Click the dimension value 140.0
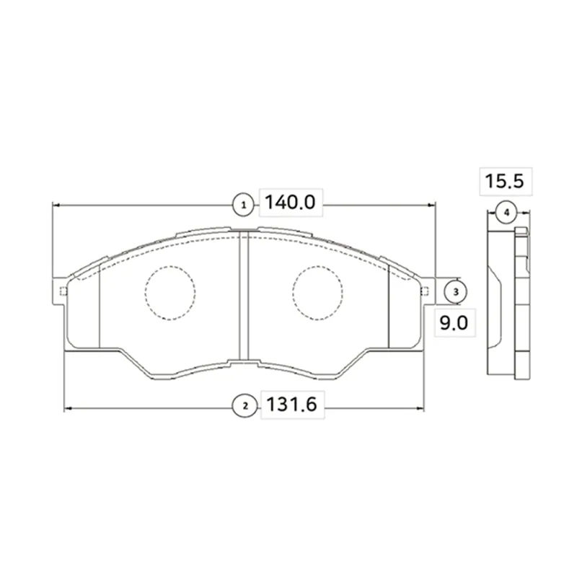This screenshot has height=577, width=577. click(x=290, y=203)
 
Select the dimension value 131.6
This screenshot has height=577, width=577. click(x=291, y=405)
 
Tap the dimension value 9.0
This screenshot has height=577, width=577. click(x=454, y=323)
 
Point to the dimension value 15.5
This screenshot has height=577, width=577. click(x=504, y=181)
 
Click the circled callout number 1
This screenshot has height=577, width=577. click(x=243, y=206)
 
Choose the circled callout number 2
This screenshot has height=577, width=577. click(x=245, y=407)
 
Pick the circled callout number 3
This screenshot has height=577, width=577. click(x=456, y=292)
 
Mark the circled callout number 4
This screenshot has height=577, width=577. click(x=507, y=213)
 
